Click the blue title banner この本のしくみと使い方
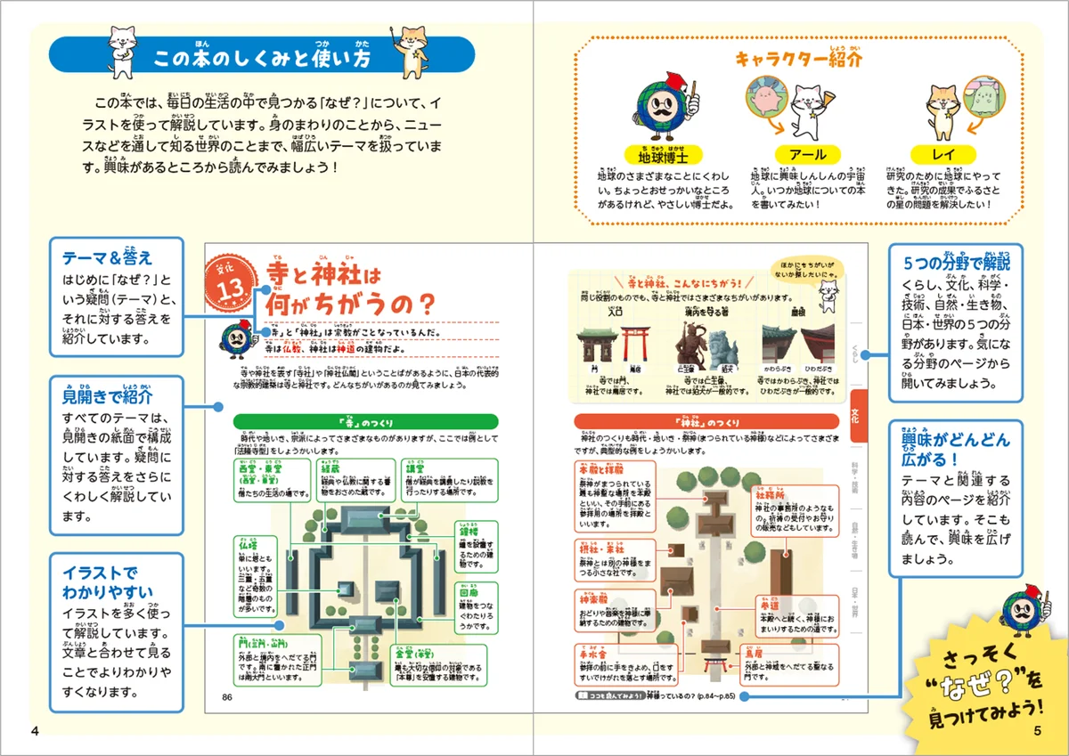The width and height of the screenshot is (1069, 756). pos(263,59)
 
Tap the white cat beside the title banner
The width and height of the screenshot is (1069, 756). pos(120,49)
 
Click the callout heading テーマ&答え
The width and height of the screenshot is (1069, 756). pos(96,258)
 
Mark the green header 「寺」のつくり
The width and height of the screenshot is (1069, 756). pos(360,421)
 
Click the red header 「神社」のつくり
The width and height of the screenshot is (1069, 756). pos(706,421)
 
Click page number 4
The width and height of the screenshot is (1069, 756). pos(35,731)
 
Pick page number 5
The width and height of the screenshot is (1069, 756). pos(1037,731)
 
